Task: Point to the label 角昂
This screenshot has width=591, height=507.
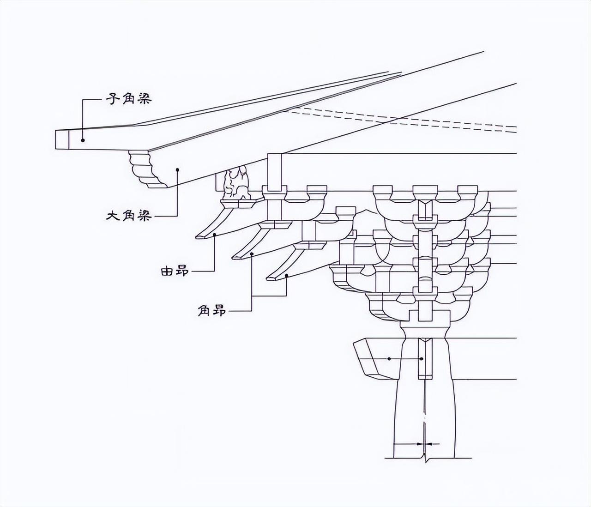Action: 212,311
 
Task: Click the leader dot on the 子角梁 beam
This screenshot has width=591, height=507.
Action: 83,140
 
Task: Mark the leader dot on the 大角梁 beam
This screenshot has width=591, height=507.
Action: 177,169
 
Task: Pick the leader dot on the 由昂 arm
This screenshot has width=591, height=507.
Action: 215,235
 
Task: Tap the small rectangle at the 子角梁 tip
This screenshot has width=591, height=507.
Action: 62,139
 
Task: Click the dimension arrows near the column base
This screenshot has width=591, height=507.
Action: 422,444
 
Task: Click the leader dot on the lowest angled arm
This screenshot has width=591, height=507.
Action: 287,275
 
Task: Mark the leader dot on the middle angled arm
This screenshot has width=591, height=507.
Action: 252,254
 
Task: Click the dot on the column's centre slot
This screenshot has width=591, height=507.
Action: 422,358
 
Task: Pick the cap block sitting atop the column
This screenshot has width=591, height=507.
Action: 424,316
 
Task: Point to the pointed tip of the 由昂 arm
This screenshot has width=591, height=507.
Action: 199,237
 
